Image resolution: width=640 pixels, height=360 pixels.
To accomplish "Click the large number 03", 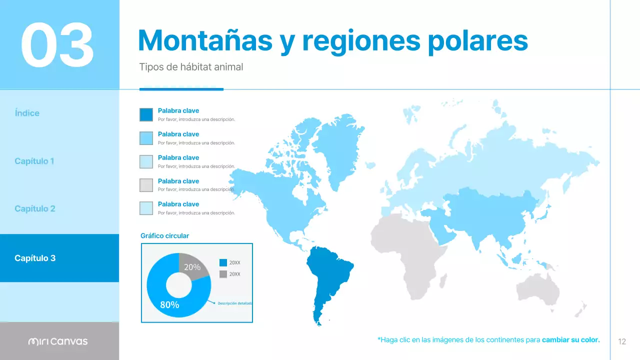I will pyautogui.click(x=57, y=44).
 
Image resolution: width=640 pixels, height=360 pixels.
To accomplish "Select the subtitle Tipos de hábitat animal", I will pyautogui.click(x=191, y=66).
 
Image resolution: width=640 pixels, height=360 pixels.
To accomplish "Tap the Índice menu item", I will pyautogui.click(x=27, y=113).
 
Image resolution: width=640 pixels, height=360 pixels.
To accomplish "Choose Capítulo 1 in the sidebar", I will pyautogui.click(x=34, y=161).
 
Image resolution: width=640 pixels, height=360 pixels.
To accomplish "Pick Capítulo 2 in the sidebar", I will pyautogui.click(x=35, y=208).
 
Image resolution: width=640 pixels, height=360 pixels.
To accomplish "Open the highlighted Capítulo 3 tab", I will pyautogui.click(x=35, y=258).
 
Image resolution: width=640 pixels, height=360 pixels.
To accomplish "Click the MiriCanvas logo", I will pyautogui.click(x=58, y=341).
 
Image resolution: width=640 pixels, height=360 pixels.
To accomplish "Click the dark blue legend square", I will pyautogui.click(x=146, y=114).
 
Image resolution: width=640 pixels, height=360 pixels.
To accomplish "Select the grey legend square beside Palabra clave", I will pyautogui.click(x=146, y=185).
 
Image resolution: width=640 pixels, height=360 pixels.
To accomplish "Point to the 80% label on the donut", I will pyautogui.click(x=169, y=304).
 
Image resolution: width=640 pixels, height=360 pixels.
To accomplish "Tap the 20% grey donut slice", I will pyautogui.click(x=193, y=267).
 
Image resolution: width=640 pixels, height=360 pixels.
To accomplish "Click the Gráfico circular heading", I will pyautogui.click(x=164, y=235).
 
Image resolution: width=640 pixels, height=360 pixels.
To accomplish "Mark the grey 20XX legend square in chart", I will pyautogui.click(x=223, y=274).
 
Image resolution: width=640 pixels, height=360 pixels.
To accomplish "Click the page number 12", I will pyautogui.click(x=622, y=341).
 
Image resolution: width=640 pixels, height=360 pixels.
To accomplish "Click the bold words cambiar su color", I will pyautogui.click(x=570, y=340).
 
